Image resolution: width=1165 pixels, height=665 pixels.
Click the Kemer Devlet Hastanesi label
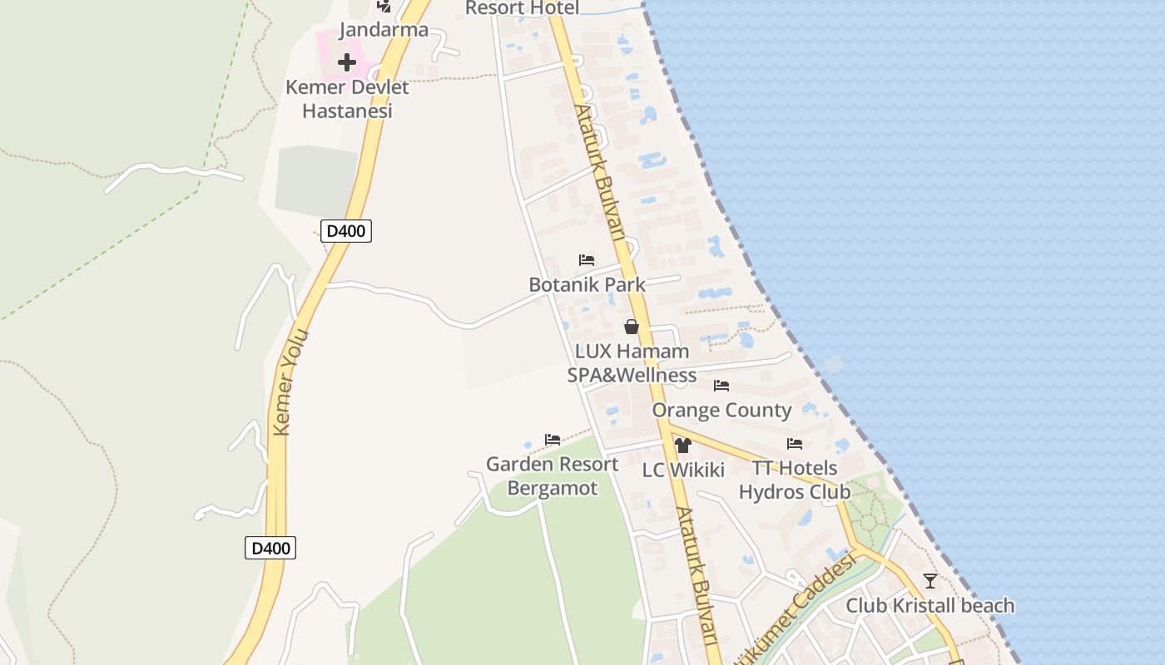click(347, 99)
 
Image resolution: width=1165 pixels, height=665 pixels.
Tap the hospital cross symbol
click(347, 62)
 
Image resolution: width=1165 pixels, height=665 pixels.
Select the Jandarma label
click(384, 30)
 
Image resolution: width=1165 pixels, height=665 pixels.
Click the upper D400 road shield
click(346, 231)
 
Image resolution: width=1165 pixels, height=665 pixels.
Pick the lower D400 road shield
click(270, 548)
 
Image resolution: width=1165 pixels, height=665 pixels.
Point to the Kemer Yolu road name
click(291, 382)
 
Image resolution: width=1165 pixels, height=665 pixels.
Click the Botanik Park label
click(587, 284)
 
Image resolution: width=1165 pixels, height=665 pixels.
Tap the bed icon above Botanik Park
click(587, 260)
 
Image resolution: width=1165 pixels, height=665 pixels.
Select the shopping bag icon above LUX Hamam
click(632, 327)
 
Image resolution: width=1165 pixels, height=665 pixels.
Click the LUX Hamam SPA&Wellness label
click(632, 363)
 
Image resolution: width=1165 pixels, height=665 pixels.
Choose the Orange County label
click(721, 410)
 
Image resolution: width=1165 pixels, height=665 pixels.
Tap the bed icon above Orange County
click(721, 386)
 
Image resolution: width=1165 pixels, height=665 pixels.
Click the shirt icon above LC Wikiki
click(683, 446)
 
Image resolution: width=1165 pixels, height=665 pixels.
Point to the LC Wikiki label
click(683, 470)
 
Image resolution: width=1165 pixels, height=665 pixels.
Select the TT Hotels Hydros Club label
click(795, 480)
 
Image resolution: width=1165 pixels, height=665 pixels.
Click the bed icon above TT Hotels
click(795, 444)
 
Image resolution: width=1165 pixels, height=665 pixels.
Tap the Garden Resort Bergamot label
click(553, 475)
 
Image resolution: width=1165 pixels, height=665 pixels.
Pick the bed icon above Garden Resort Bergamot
click(553, 439)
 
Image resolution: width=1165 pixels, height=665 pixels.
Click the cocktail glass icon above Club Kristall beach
click(930, 581)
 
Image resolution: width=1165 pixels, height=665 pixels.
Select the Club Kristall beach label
click(930, 605)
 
